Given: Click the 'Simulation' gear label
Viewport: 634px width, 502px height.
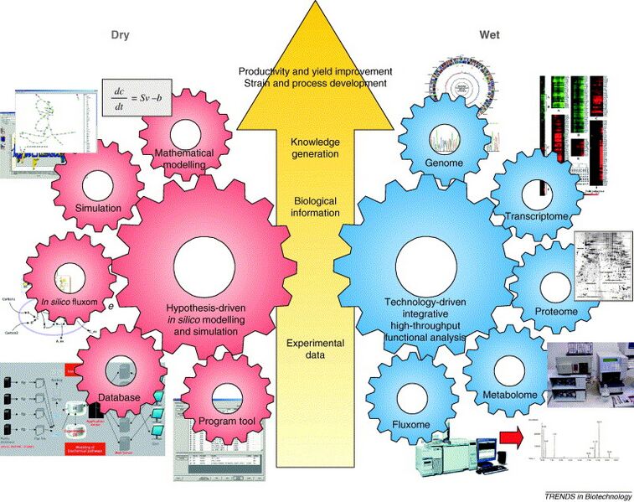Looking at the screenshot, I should pyautogui.click(x=99, y=208).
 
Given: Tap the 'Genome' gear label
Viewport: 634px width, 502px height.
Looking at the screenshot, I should pyautogui.click(x=444, y=163).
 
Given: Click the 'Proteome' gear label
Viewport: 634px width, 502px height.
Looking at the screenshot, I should pyautogui.click(x=556, y=312).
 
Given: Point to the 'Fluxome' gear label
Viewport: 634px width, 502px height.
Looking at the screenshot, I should pyautogui.click(x=410, y=425).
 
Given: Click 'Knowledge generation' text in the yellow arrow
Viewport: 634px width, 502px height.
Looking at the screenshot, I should pyautogui.click(x=315, y=147).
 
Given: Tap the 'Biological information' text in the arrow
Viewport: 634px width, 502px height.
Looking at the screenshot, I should pyautogui.click(x=314, y=207).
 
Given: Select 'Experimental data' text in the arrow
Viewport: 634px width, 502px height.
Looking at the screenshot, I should pyautogui.click(x=314, y=349).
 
